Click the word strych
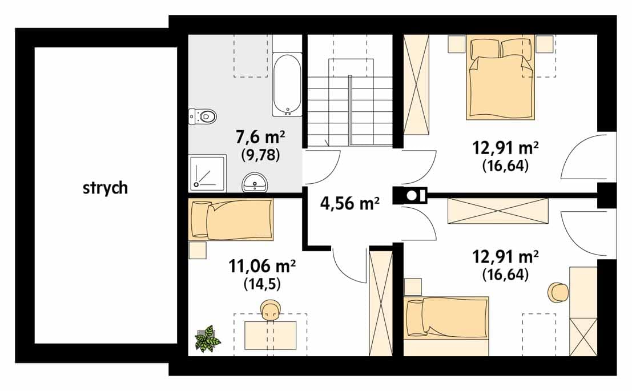tap(105, 188)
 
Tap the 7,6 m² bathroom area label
tap(260, 138)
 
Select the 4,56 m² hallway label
tap(350, 204)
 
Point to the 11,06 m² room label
tap(262, 266)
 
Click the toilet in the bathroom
tap(202, 116)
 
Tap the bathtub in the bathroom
tap(287, 84)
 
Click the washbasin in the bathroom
tap(255, 183)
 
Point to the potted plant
tap(207, 338)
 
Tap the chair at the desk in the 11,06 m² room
tap(271, 309)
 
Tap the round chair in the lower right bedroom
tap(559, 292)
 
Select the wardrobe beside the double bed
tap(416, 84)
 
